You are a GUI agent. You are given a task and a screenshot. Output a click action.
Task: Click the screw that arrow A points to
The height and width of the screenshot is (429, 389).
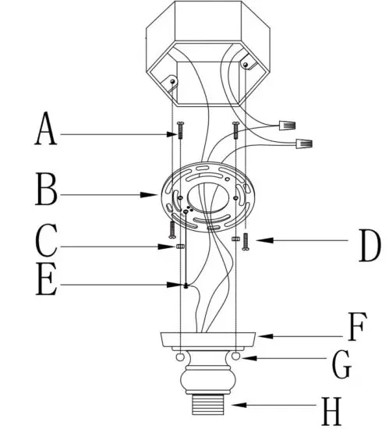(x=179, y=129)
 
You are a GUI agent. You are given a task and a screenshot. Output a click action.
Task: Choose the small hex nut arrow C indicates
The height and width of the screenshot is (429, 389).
(x=180, y=246)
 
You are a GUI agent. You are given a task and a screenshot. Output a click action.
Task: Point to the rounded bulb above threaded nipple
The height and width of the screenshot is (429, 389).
(x=208, y=382)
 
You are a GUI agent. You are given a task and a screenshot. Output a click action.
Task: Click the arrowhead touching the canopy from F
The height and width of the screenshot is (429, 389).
(x=260, y=336)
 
